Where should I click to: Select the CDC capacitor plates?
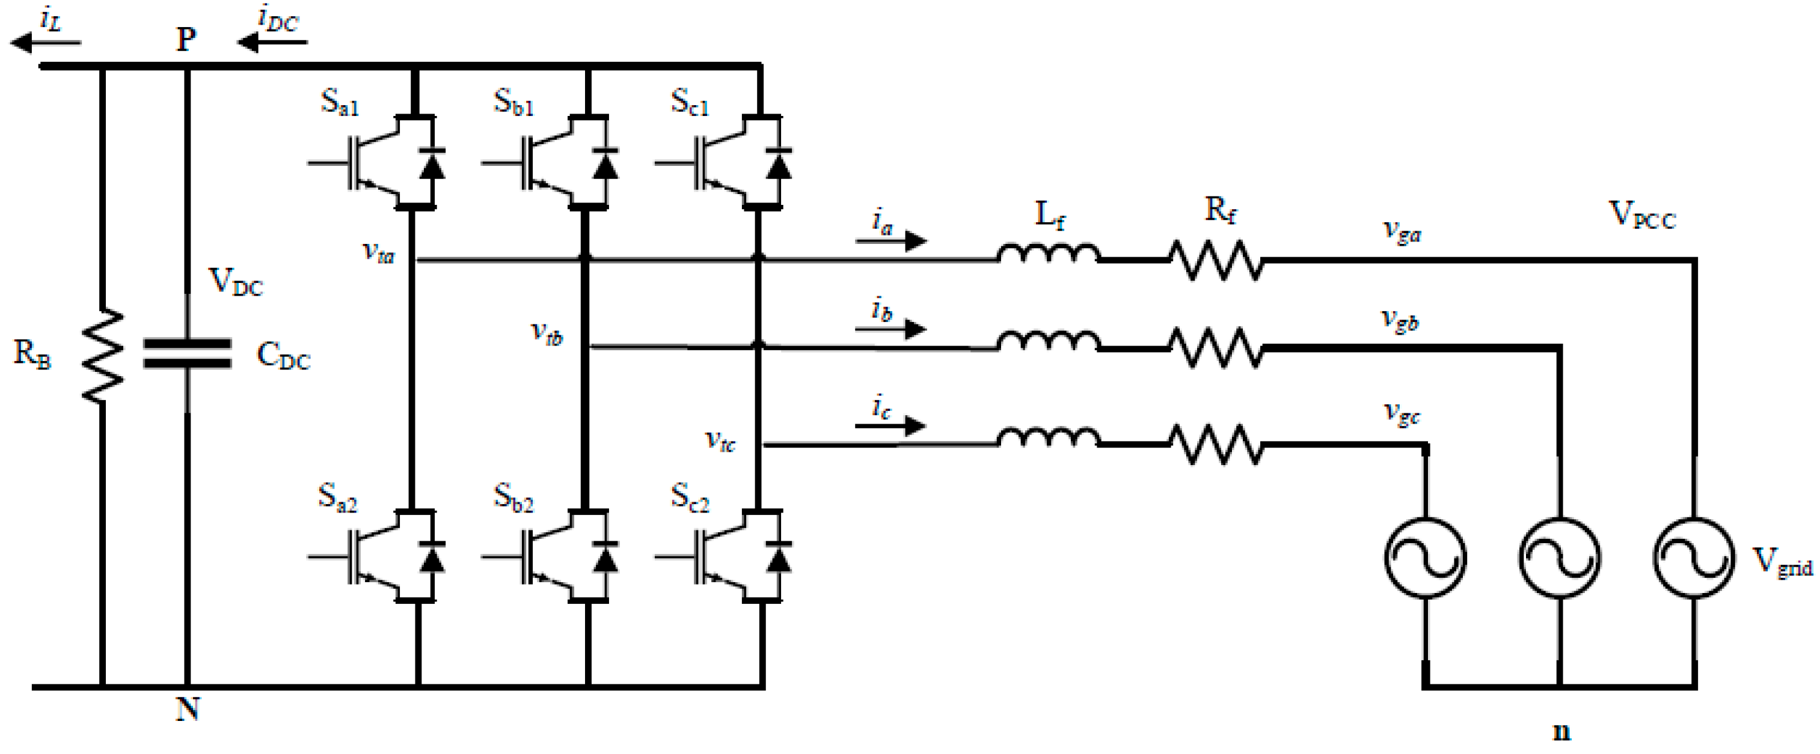187,354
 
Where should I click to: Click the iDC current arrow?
272,43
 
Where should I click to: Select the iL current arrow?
46,43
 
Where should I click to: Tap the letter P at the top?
186,40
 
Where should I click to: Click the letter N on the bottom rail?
187,709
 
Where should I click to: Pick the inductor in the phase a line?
1049,254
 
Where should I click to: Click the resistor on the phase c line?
1215,444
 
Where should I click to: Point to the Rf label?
1220,210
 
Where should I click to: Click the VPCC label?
1642,214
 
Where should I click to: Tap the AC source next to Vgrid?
1694,558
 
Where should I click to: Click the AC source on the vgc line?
1424,558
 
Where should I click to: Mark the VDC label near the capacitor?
235,282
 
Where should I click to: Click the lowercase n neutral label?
1561,731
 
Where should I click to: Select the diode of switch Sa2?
432,558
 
